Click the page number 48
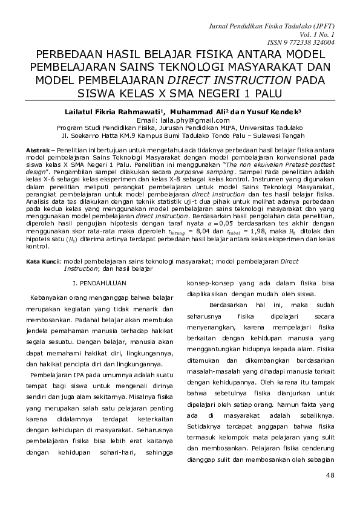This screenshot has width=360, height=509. click(x=330, y=475)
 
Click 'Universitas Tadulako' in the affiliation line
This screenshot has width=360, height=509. click(x=271, y=128)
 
